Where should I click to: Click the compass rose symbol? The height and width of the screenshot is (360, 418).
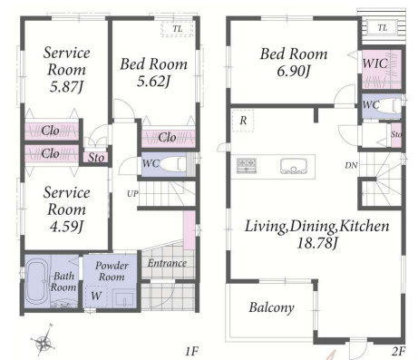point(44,339)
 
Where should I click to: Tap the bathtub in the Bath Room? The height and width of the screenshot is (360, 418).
point(37,283)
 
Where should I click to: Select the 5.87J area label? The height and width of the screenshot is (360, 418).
point(66,87)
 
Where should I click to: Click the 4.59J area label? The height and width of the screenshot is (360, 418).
point(66,227)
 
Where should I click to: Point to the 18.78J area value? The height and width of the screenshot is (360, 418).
point(316,243)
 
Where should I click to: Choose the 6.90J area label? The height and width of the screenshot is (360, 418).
point(294,72)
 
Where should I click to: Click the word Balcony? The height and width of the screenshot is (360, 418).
point(271,307)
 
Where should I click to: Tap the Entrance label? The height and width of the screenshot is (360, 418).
point(167,263)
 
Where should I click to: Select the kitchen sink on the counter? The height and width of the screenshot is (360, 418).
point(294,167)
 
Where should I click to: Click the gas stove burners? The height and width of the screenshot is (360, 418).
point(247,166)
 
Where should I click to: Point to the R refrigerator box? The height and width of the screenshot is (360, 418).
point(243,121)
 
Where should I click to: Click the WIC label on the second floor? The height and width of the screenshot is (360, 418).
point(374,63)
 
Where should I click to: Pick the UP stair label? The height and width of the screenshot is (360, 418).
point(132,194)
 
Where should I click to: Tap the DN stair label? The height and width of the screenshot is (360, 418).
point(351,165)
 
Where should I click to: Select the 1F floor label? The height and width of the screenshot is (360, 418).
point(191,352)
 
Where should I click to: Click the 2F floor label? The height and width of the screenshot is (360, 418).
point(398,352)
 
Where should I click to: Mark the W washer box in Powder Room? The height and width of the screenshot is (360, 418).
point(96,296)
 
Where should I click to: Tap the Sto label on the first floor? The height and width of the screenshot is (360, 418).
point(96,158)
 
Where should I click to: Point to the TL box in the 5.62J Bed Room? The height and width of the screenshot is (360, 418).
point(177,29)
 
